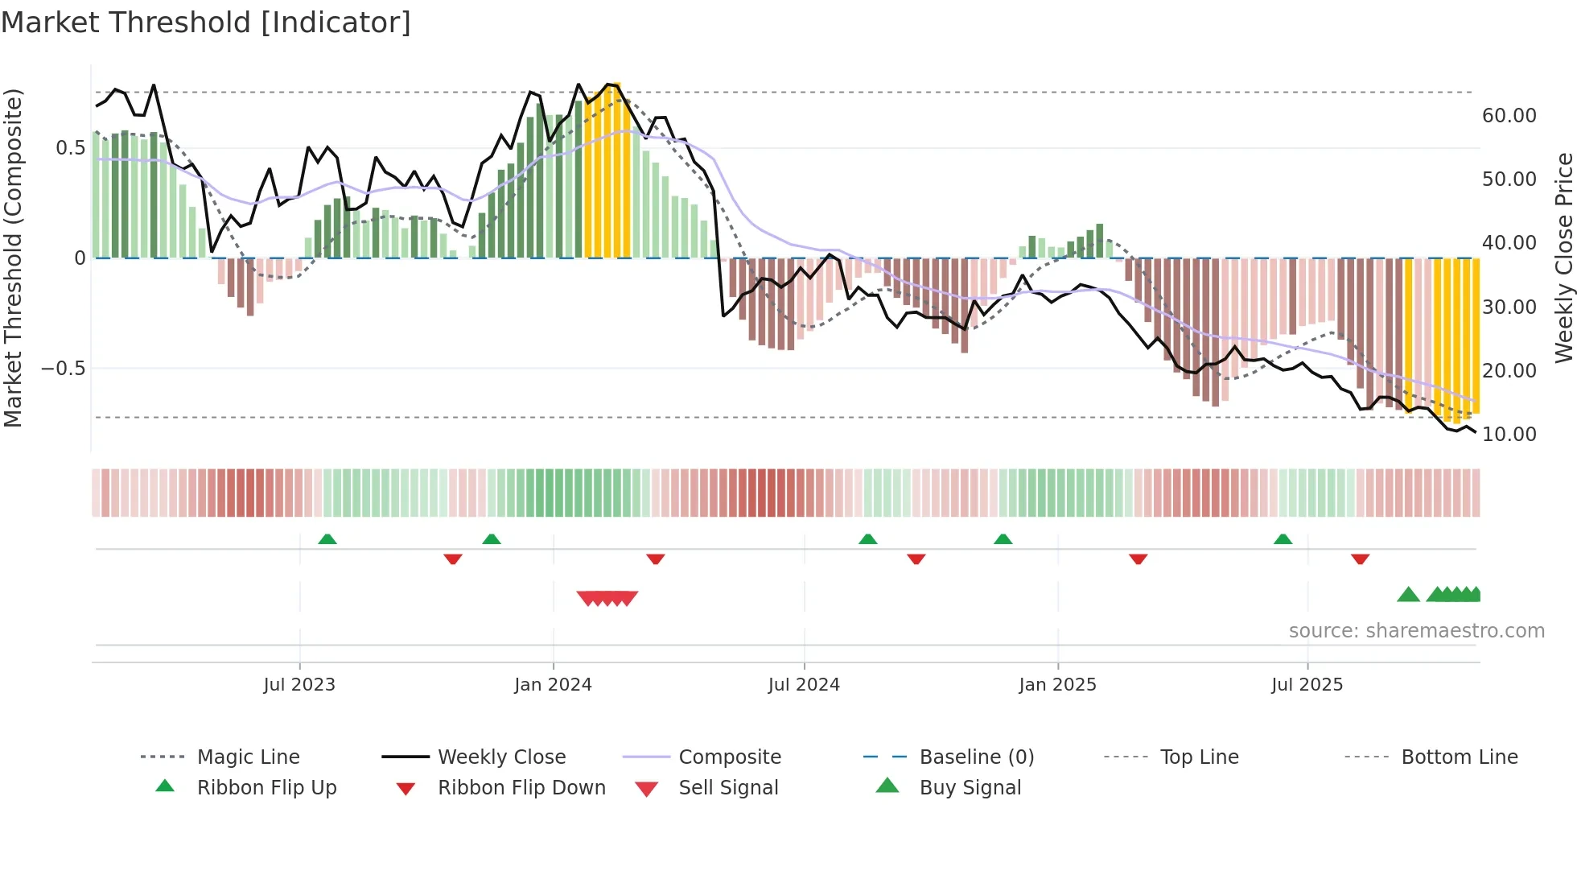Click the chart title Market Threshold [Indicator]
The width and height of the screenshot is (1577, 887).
tap(206, 23)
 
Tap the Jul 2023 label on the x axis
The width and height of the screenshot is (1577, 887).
tap(299, 685)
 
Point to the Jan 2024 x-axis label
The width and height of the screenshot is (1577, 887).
tap(553, 685)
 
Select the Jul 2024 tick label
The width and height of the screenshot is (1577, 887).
tap(804, 685)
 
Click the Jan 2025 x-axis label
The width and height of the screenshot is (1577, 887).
tap(1057, 685)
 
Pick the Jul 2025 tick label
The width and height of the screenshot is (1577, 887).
tap(1307, 685)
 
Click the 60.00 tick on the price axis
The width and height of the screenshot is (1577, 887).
tap(1509, 116)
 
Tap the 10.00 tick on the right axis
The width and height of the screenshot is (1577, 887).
tap(1509, 435)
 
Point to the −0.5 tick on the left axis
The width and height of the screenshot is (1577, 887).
tap(63, 369)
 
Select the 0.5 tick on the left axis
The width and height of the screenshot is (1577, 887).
tap(70, 148)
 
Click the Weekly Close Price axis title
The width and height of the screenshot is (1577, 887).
tap(1563, 258)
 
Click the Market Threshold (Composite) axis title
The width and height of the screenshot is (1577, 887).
tap(13, 258)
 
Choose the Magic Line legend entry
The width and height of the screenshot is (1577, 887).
tap(248, 757)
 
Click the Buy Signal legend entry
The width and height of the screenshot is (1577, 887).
tap(970, 788)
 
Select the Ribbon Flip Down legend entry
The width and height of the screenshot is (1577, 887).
tap(521, 788)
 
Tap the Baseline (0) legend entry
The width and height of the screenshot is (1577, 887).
tap(976, 757)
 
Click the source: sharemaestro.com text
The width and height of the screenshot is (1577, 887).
tap(1416, 631)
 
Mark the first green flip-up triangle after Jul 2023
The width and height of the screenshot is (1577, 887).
tap(327, 539)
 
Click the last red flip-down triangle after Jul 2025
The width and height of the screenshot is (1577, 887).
tap(1361, 559)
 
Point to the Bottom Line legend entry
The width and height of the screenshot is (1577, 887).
tap(1459, 757)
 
